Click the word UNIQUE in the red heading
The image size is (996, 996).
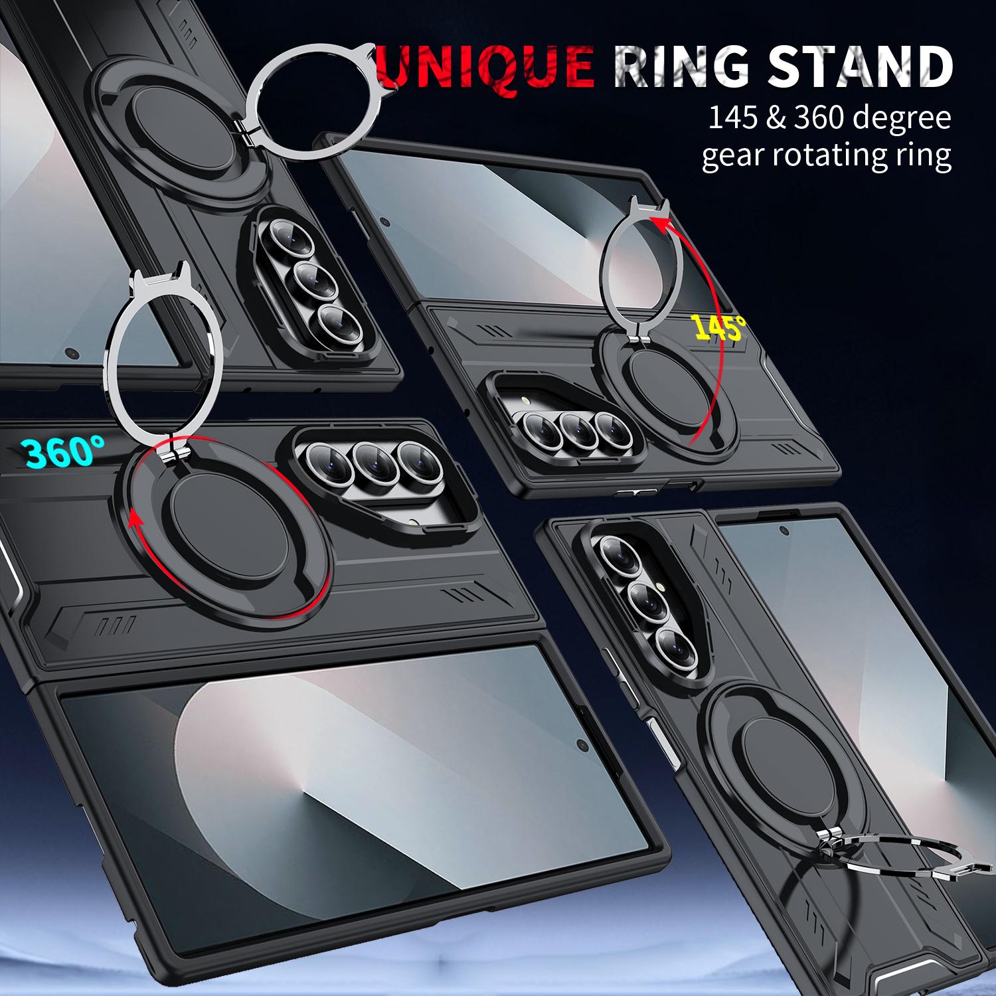(x=485, y=66)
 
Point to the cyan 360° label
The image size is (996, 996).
(x=64, y=452)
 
